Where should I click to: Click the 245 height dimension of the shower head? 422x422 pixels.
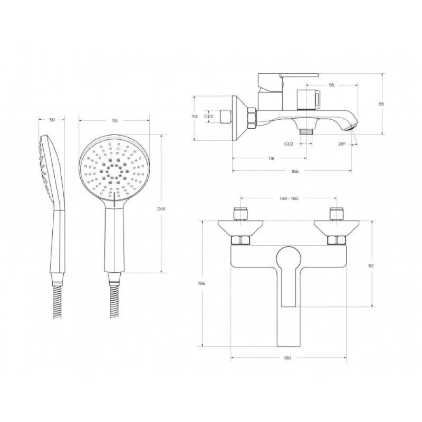pyautogui.click(x=161, y=208)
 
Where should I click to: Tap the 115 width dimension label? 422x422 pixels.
pyautogui.click(x=114, y=121)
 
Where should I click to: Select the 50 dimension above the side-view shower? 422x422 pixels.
pyautogui.click(x=52, y=120)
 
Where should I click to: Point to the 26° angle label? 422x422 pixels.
pyautogui.click(x=342, y=144)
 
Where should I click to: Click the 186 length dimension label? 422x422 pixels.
pyautogui.click(x=295, y=171)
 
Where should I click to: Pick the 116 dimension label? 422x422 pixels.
pyautogui.click(x=272, y=159)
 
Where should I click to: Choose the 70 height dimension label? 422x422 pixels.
pyautogui.click(x=194, y=117)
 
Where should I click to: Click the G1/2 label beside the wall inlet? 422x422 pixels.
pyautogui.click(x=208, y=117)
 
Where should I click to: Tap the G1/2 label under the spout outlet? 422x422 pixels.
pyautogui.click(x=289, y=143)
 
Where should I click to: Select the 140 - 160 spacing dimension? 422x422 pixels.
pyautogui.click(x=289, y=198)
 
